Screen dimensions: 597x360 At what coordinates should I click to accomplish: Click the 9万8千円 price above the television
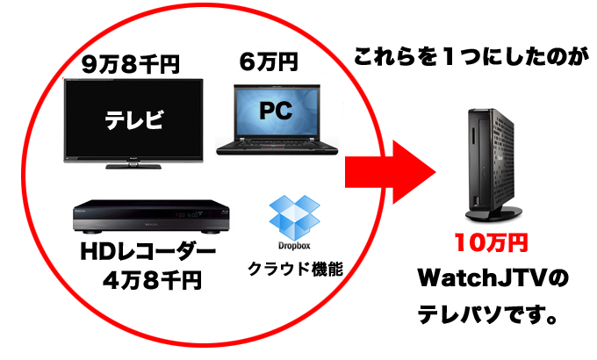(129, 64)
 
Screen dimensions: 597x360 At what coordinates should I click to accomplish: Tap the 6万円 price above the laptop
(268, 63)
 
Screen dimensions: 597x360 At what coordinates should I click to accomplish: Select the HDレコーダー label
(147, 253)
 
